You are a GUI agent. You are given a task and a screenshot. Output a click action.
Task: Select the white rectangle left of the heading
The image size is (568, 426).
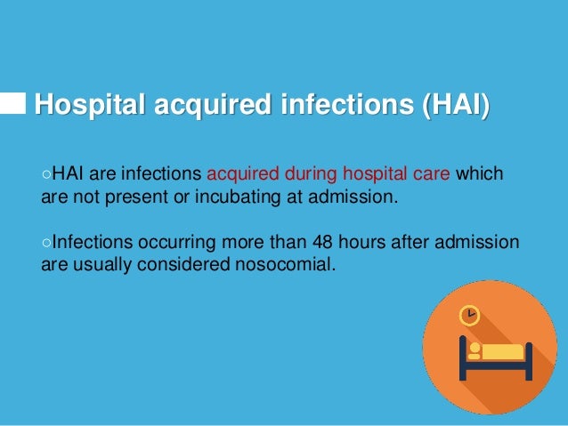coord(12,104)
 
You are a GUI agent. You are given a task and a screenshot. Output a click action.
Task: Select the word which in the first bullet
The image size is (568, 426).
coord(480,173)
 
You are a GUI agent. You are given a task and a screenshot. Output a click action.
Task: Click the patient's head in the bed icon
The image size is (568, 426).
coord(475,348)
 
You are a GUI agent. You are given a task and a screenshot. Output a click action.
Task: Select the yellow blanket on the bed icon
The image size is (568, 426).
coord(503,351)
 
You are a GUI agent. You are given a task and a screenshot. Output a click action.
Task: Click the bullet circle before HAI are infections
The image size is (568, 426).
coord(47,174)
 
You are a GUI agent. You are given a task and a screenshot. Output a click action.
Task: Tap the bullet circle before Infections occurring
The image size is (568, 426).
coord(47,244)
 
